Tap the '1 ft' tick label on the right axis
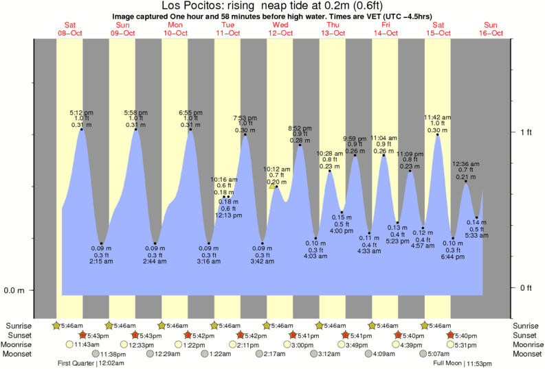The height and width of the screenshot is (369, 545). pyautogui.click(x=526, y=132)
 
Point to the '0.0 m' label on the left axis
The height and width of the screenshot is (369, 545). pyautogui.click(x=14, y=290)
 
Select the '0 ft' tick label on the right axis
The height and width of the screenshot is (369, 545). pyautogui.click(x=526, y=287)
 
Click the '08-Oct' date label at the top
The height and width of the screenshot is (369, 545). pyautogui.click(x=70, y=32)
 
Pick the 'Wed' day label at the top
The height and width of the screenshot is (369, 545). pyautogui.click(x=280, y=25)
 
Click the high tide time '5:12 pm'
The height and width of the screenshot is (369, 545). pyautogui.click(x=82, y=112)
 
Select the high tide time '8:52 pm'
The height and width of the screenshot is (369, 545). pyautogui.click(x=300, y=128)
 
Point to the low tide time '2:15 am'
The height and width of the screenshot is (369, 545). pyautogui.click(x=102, y=261)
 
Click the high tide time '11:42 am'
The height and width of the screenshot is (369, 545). pyautogui.click(x=437, y=117)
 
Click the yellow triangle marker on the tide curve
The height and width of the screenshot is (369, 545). pyautogui.click(x=273, y=186)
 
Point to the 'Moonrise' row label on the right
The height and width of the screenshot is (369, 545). pyautogui.click(x=528, y=344)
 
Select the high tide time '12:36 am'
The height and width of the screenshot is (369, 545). pyautogui.click(x=465, y=163)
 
